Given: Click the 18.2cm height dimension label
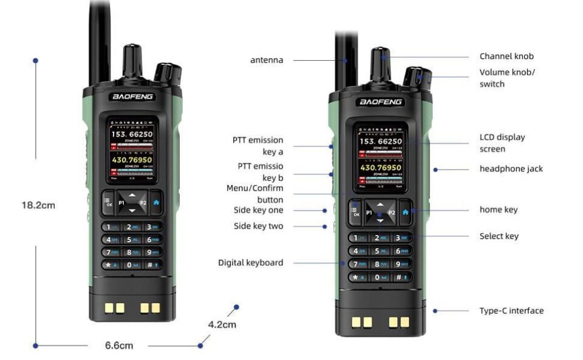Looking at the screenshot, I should tap(38, 205).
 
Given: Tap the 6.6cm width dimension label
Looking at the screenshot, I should tap(119, 345).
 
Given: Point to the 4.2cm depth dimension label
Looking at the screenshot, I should tap(222, 324).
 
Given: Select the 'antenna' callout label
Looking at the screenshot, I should tap(267, 60).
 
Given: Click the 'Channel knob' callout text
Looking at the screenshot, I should tap(506, 56).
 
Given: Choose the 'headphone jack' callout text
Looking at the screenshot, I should tap(511, 169).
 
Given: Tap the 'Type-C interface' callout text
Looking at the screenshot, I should tap(511, 311).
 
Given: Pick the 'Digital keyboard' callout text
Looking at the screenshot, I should tap(250, 263).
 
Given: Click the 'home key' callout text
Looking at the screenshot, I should tap(498, 210).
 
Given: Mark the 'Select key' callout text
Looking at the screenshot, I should tap(499, 236).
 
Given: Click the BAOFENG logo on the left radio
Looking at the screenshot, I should tap(133, 97).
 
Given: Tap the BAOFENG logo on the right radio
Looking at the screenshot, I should tap(381, 102).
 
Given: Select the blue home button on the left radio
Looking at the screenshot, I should tap(157, 202).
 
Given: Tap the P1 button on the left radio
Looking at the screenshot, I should tap(121, 202).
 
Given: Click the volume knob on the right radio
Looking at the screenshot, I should tap(416, 77).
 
